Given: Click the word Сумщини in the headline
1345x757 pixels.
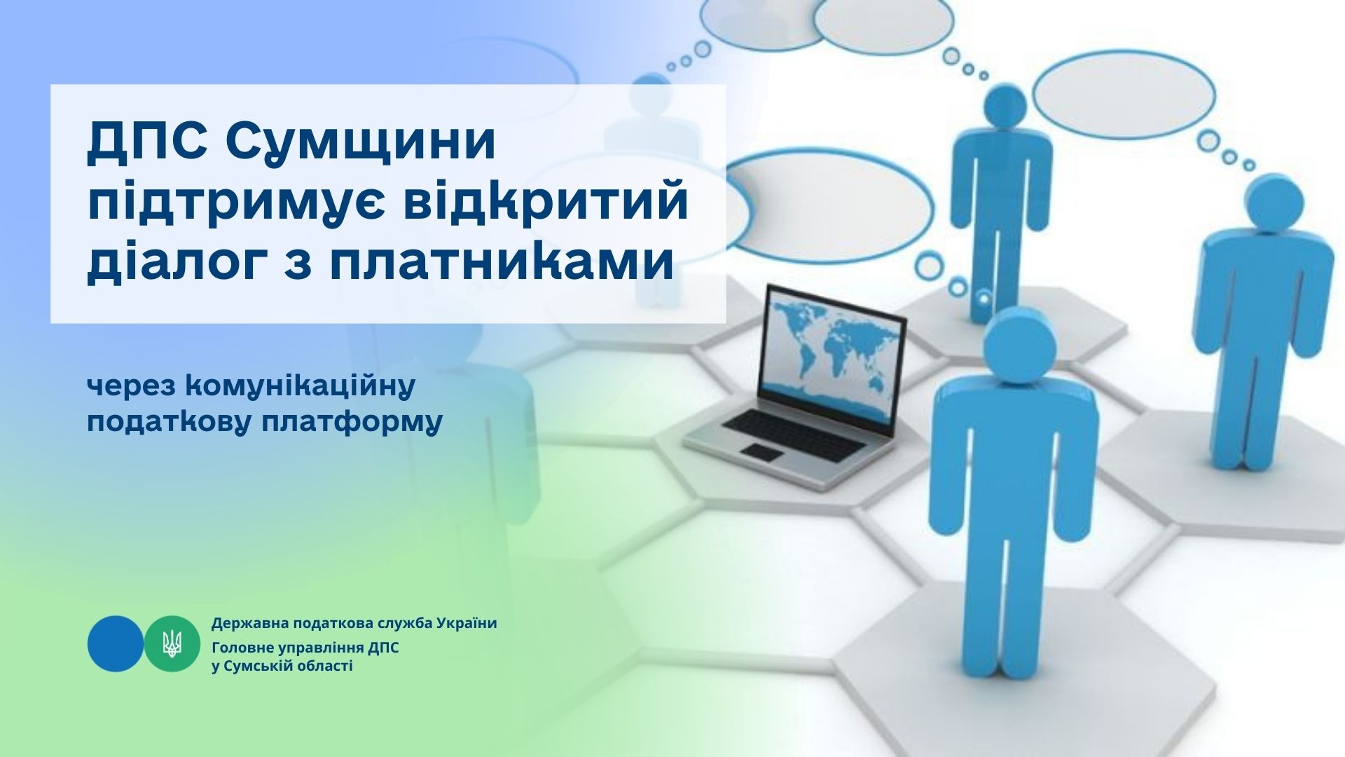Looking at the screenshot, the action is [361, 144].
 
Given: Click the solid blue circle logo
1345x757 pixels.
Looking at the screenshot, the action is [116, 643].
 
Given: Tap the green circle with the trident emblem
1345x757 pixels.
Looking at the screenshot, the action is [172, 643].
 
